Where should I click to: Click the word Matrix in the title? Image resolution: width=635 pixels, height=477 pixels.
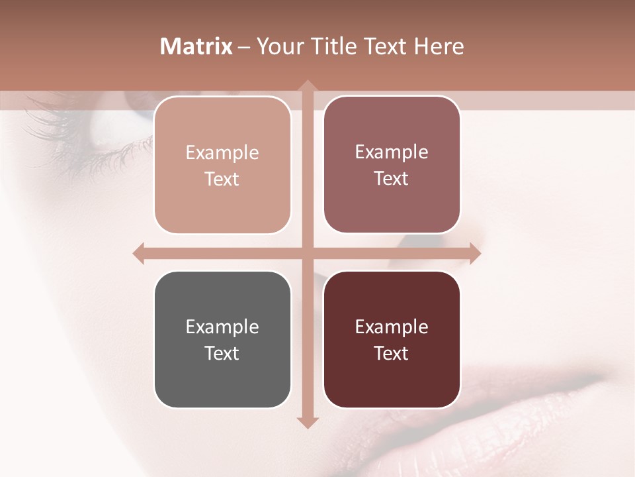[x=196, y=46]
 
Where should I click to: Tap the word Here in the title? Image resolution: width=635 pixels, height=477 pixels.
[x=439, y=46]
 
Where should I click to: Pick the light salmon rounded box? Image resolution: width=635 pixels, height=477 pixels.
[x=222, y=165]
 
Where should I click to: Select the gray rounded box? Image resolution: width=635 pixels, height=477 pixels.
[x=222, y=339]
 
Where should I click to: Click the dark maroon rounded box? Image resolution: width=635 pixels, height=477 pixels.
[x=392, y=339]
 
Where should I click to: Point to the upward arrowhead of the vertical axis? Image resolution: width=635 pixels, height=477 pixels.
[x=307, y=85]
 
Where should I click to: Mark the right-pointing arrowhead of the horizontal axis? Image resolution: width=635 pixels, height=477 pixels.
[x=474, y=253]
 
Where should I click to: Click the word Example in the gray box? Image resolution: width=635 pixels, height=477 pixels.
[x=222, y=327]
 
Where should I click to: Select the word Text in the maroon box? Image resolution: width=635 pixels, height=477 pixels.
[x=392, y=353]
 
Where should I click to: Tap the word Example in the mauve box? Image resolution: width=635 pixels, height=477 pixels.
[x=392, y=152]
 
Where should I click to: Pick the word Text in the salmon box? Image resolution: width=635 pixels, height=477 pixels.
[x=222, y=179]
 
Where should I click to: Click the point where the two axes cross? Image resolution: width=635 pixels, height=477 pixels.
[x=307, y=253]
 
